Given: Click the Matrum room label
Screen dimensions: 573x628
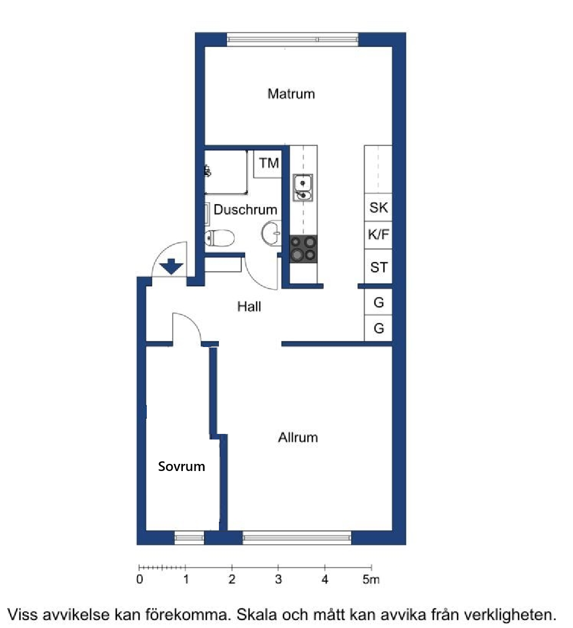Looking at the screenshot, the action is (x=291, y=94).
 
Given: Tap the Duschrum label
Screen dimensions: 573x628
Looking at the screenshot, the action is (x=245, y=210).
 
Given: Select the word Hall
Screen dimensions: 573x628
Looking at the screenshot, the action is (x=249, y=306).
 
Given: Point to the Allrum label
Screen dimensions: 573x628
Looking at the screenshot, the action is (x=298, y=437).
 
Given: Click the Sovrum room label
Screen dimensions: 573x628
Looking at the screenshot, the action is (x=181, y=466).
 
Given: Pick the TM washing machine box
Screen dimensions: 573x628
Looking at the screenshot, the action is (x=268, y=164).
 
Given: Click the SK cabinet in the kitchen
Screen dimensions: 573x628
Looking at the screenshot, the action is (x=378, y=208).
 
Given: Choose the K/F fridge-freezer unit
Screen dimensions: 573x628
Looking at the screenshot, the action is (x=378, y=235).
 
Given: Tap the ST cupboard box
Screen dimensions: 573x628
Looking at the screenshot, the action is (x=378, y=266).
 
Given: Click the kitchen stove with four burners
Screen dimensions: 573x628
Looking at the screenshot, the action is (x=303, y=249).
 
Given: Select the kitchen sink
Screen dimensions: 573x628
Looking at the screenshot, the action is (x=303, y=187).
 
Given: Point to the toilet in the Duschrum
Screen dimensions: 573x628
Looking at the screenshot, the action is (x=219, y=238).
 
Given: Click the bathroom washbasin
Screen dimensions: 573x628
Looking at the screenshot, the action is (x=271, y=233).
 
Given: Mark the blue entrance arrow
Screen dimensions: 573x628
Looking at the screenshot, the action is (x=171, y=266).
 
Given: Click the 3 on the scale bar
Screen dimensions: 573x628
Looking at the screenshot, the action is (x=278, y=579).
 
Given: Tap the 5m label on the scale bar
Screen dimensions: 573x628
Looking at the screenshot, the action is (x=371, y=579).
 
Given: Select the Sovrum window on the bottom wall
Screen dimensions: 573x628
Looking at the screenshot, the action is (x=189, y=538).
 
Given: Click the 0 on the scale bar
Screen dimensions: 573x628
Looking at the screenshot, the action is (x=140, y=579).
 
